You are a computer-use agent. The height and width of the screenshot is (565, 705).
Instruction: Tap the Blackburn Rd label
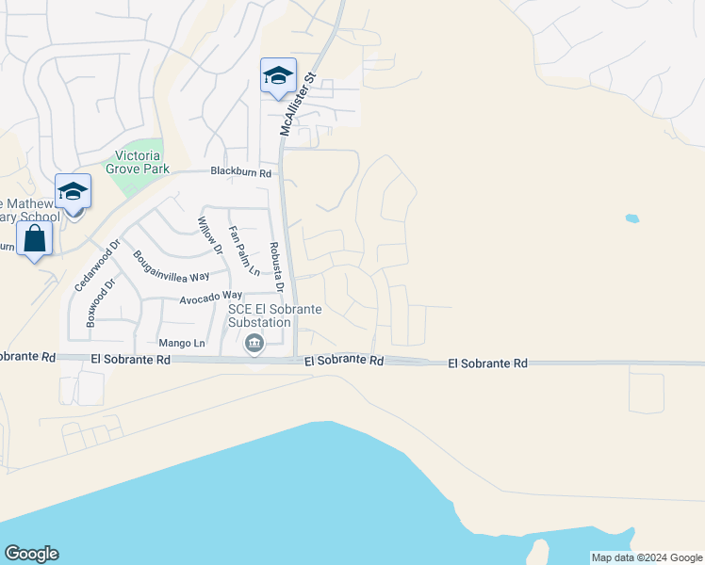[x=240, y=173]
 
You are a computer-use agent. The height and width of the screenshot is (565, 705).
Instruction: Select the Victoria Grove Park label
[x=138, y=162]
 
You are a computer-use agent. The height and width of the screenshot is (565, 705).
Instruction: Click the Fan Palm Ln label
[x=244, y=251]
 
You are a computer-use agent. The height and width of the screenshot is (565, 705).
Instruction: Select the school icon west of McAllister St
[x=278, y=75]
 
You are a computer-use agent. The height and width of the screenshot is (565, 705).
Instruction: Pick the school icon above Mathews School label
[x=73, y=192]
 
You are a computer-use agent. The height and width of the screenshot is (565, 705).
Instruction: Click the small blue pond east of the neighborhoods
[x=631, y=218]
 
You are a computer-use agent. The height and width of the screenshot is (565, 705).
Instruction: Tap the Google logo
[x=31, y=554]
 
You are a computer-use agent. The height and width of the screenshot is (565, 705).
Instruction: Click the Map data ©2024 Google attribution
[x=647, y=557]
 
